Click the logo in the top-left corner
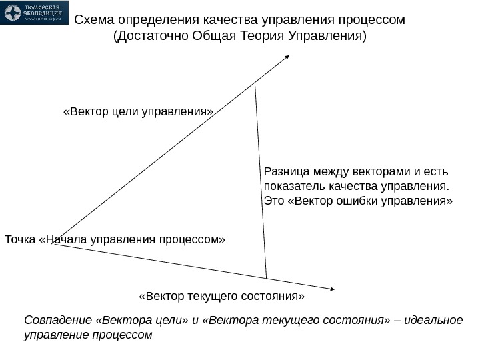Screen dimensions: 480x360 click(35, 12)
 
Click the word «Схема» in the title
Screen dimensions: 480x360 click(94, 19)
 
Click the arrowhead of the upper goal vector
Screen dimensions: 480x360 click(287, 57)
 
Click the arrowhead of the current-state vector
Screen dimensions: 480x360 click(331, 289)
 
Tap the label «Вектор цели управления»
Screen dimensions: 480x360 click(138, 111)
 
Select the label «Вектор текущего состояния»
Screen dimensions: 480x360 click(221, 295)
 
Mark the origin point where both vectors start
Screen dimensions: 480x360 click(55, 244)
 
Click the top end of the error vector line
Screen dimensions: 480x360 click(255, 86)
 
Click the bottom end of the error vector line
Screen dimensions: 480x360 click(266, 277)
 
